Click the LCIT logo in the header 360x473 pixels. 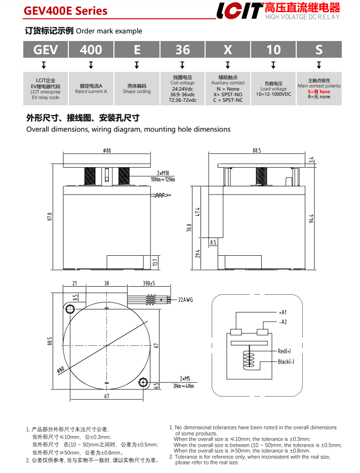(239, 11)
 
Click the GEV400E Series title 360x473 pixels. (65, 11)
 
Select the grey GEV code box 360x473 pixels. (46, 50)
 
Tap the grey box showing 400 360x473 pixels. (91, 50)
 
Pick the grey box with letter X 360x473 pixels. (228, 50)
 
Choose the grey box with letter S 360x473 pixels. (319, 50)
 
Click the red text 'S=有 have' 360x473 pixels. (319, 92)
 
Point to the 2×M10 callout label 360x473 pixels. (164, 173)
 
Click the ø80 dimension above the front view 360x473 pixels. (107, 150)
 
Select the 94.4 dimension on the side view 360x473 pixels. (311, 218)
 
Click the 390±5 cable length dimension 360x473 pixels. (148, 284)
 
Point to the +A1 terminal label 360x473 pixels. (283, 312)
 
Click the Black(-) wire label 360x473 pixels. (286, 362)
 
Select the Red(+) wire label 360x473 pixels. (285, 351)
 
